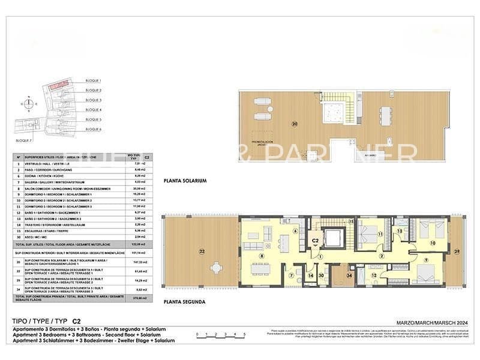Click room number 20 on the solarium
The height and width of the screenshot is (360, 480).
click(x=294, y=124)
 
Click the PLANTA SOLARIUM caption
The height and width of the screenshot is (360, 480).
click(x=185, y=181)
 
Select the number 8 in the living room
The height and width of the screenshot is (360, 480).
click(x=262, y=256)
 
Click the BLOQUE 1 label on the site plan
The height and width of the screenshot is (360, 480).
click(x=94, y=80)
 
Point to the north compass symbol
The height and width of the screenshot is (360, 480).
click(x=26, y=103)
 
